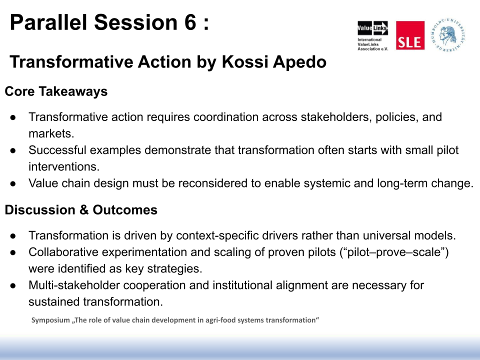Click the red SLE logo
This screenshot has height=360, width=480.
[410, 35]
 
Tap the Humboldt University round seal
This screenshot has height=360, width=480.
[448, 35]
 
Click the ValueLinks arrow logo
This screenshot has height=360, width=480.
[372, 28]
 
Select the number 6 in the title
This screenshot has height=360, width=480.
[190, 22]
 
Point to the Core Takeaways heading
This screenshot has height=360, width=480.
[56, 91]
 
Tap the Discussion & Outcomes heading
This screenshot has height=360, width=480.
[81, 210]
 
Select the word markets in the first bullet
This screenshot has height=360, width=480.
[51, 133]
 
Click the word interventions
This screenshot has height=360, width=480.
[64, 166]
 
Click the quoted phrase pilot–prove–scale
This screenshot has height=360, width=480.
[394, 252]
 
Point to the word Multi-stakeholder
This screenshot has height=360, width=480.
[74, 285]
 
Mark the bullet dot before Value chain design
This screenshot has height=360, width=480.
[13, 183]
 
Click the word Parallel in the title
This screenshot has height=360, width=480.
[48, 22]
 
